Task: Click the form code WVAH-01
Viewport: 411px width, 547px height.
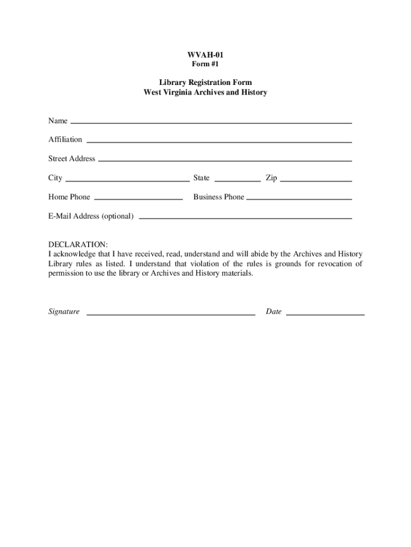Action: pos(205,54)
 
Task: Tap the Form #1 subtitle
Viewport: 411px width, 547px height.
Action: pos(205,64)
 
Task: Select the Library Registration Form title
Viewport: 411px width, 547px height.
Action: pos(205,82)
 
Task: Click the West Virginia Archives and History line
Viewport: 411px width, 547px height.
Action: pos(205,92)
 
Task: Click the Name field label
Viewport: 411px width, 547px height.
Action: pos(58,121)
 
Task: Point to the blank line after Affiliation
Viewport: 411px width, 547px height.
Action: pos(219,142)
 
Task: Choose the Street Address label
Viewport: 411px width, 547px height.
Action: pos(72,159)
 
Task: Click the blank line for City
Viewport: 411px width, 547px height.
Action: pos(127,181)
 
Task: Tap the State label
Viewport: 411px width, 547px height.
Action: pos(201,178)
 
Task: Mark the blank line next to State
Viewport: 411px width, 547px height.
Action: pos(237,181)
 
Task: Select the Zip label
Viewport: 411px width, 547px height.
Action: pos(271,178)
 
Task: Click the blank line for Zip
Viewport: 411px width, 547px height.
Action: pos(315,181)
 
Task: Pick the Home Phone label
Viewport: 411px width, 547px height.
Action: pos(69,197)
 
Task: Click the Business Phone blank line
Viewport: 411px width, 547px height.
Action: pos(299,199)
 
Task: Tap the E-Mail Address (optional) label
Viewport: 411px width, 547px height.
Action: pos(91,216)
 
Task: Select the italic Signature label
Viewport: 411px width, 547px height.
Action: pos(64,311)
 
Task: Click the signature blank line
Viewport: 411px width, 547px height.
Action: pos(171,315)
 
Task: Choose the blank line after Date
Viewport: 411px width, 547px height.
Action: pos(325,315)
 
